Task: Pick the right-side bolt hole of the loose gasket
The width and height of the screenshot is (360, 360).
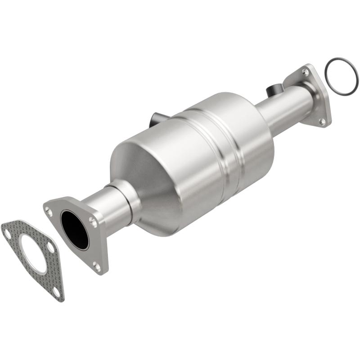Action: tap(50, 248)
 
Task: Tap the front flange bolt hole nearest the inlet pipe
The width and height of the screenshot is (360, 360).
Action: tap(93, 221)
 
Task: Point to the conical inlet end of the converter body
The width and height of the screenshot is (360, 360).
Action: tap(144, 180)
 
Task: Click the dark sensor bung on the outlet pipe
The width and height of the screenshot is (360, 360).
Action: tap(273, 90)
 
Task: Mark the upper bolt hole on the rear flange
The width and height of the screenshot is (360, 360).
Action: tap(305, 72)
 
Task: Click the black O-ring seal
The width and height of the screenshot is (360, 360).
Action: tap(342, 76)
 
